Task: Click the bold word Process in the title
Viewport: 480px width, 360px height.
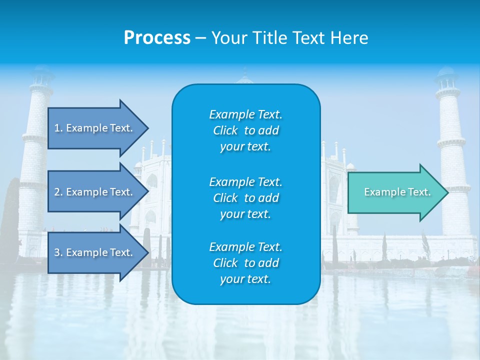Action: point(157,38)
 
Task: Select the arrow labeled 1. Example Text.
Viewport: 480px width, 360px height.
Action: point(95,128)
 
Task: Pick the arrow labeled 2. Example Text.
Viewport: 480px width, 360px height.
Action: point(95,192)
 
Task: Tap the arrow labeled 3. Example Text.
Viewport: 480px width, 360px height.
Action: point(95,252)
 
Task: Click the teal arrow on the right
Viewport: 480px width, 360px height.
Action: point(395,192)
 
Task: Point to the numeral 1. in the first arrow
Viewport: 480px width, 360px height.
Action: point(58,128)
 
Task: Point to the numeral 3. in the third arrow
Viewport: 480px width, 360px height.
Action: point(58,252)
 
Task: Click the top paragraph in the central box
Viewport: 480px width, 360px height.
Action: point(245,130)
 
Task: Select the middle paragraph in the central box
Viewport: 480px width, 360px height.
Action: point(245,197)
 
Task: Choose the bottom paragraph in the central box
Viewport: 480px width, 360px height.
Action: point(245,263)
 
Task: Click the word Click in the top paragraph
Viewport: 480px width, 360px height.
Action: point(225,130)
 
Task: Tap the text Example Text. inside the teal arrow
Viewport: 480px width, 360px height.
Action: point(397,192)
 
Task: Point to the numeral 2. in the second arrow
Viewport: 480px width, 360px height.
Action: point(58,192)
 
